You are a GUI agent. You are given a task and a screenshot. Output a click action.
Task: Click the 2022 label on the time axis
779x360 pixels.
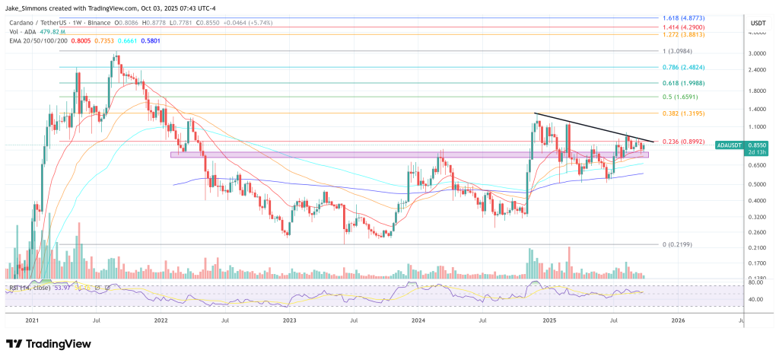(x=161, y=321)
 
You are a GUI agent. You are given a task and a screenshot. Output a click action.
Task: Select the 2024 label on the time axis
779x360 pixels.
(x=418, y=321)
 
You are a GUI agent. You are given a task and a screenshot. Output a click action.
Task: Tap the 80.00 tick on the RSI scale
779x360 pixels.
(x=755, y=282)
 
